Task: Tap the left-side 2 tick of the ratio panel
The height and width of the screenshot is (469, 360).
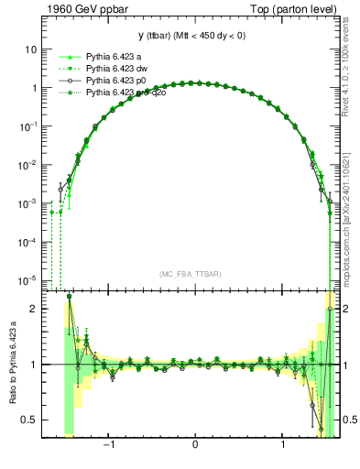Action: tap(33, 309)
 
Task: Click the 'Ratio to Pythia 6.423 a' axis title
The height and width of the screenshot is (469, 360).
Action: tap(12, 364)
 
